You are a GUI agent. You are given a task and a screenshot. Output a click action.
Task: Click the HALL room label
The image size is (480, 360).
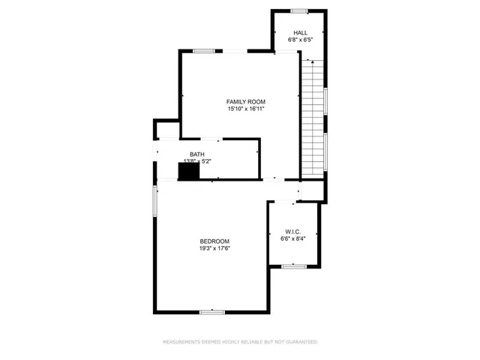(301, 32)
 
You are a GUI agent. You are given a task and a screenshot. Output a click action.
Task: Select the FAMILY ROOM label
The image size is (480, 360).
(246, 101)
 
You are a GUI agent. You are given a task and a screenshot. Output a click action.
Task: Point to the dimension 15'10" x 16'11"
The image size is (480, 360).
(246, 109)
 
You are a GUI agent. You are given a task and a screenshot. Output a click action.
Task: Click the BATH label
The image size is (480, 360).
(196, 154)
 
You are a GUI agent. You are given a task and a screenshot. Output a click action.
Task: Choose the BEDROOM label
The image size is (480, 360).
(214, 241)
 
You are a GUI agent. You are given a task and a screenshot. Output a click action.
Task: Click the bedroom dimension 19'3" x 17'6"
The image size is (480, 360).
(214, 248)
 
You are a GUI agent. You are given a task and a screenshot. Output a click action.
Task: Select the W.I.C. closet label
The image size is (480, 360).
(293, 231)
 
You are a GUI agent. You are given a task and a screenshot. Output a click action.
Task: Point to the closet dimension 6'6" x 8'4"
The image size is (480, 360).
(293, 238)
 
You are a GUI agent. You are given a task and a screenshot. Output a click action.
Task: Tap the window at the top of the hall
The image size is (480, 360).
(300, 10)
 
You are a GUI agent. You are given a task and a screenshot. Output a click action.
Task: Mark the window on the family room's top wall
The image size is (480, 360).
(204, 51)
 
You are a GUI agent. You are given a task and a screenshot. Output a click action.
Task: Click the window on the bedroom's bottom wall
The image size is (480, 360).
(212, 310)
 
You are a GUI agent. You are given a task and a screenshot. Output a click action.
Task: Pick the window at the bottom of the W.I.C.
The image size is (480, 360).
(293, 265)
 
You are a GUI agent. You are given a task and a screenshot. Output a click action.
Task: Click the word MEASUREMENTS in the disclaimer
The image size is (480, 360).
(188, 342)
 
